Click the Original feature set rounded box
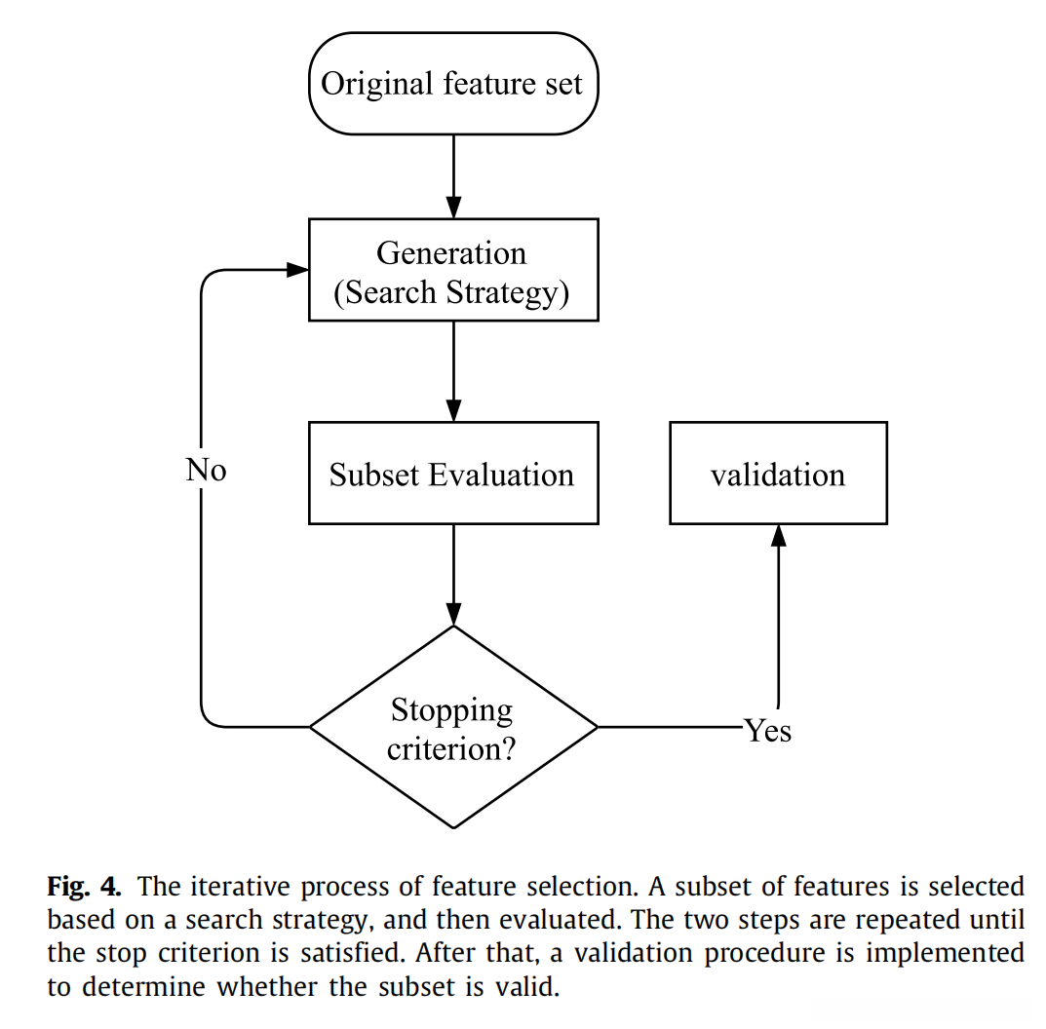click(452, 84)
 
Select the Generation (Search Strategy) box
click(452, 270)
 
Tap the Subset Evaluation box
click(452, 474)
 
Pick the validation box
click(778, 474)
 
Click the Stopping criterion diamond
click(452, 727)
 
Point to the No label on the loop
click(206, 471)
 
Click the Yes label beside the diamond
click(768, 730)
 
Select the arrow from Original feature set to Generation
click(453, 175)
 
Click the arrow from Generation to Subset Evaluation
click(453, 370)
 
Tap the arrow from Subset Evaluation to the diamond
click(453, 575)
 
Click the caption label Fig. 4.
click(85, 887)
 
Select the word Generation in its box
click(451, 253)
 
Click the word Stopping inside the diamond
click(451, 709)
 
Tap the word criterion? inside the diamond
click(451, 748)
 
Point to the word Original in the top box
click(376, 84)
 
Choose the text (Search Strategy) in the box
click(451, 292)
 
